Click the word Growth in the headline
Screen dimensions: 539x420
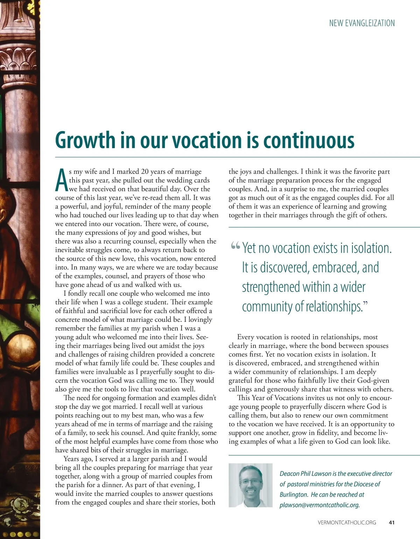(85, 140)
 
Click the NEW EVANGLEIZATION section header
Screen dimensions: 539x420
(362, 23)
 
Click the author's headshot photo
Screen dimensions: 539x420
(250, 485)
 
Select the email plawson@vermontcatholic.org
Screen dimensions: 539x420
(320, 505)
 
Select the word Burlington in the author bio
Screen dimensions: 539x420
(293, 495)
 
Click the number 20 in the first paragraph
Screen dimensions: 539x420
(145, 171)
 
